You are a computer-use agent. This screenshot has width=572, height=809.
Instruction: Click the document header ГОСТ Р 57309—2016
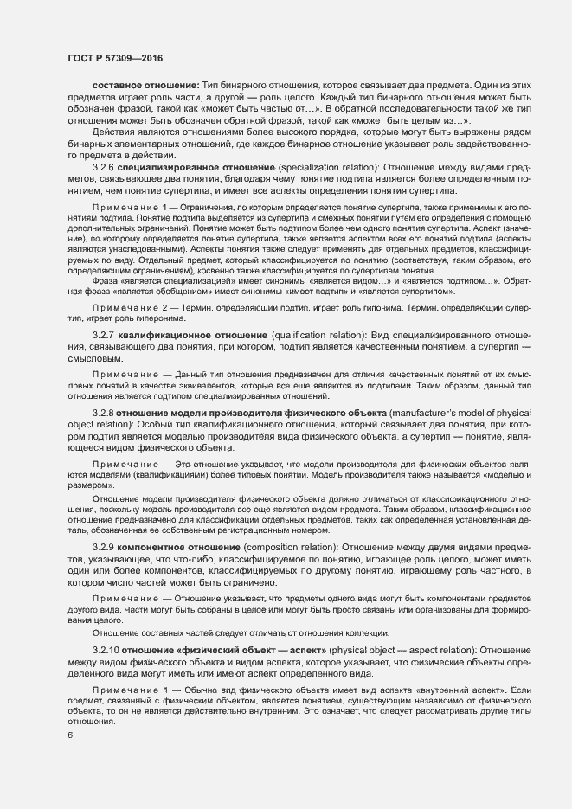(x=114, y=58)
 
